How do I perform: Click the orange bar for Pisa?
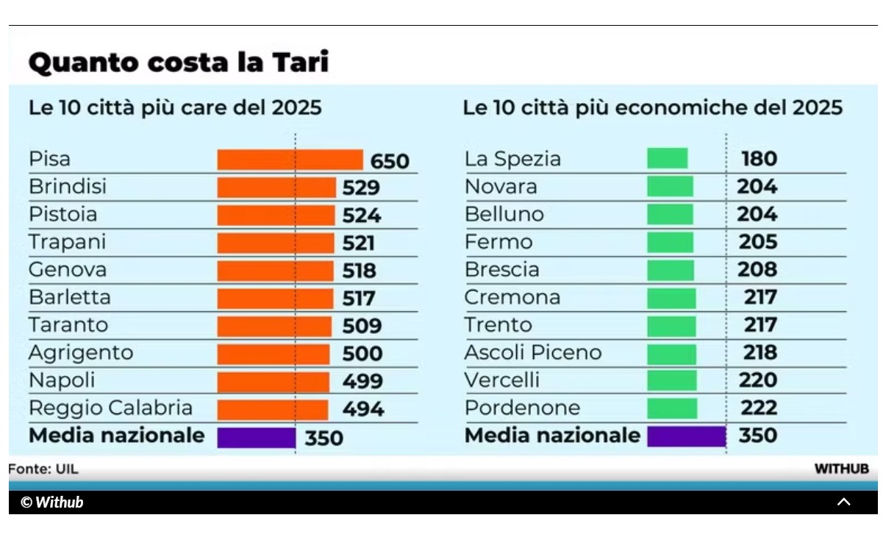(290, 160)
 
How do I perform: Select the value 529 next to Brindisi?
(361, 188)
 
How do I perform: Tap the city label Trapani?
(68, 242)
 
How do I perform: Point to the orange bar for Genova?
(275, 271)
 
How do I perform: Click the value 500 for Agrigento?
(362, 354)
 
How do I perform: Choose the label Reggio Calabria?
(110, 408)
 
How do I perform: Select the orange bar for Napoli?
(273, 382)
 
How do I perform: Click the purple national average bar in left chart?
(256, 438)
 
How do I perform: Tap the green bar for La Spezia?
(667, 159)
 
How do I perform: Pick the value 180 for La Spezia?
(759, 159)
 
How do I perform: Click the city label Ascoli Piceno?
(533, 353)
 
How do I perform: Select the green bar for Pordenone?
(672, 408)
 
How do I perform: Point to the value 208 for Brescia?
(757, 270)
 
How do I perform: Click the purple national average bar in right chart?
(686, 436)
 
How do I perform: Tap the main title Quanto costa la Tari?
(178, 63)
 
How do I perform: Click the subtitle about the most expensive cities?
(175, 108)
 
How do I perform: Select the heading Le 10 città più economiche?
(652, 108)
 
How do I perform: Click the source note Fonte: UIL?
(43, 469)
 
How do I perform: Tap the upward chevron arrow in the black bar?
(844, 502)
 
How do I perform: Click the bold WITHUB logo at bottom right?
(841, 469)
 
